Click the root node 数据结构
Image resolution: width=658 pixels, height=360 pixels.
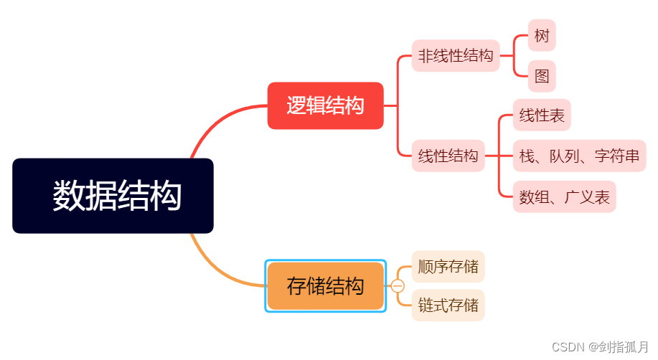click(x=113, y=196)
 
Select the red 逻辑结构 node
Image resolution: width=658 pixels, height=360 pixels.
click(x=325, y=106)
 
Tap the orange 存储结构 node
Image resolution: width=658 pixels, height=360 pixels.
click(x=325, y=286)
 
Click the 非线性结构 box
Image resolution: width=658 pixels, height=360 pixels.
click(x=456, y=56)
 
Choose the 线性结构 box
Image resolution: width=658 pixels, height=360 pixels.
click(x=448, y=156)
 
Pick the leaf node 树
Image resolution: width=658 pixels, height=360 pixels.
click(x=542, y=36)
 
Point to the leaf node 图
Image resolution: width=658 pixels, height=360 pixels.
click(x=542, y=76)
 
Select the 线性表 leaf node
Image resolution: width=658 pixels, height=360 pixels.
click(x=542, y=115)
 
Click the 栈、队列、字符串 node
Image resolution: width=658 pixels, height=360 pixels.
click(x=579, y=156)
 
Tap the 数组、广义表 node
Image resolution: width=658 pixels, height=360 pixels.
click(x=564, y=197)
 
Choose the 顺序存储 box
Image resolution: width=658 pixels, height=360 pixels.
click(x=448, y=267)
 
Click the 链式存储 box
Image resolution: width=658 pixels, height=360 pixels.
click(x=448, y=305)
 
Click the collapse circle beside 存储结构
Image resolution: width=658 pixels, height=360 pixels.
click(x=398, y=286)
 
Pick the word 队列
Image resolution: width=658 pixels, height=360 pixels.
click(x=564, y=156)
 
